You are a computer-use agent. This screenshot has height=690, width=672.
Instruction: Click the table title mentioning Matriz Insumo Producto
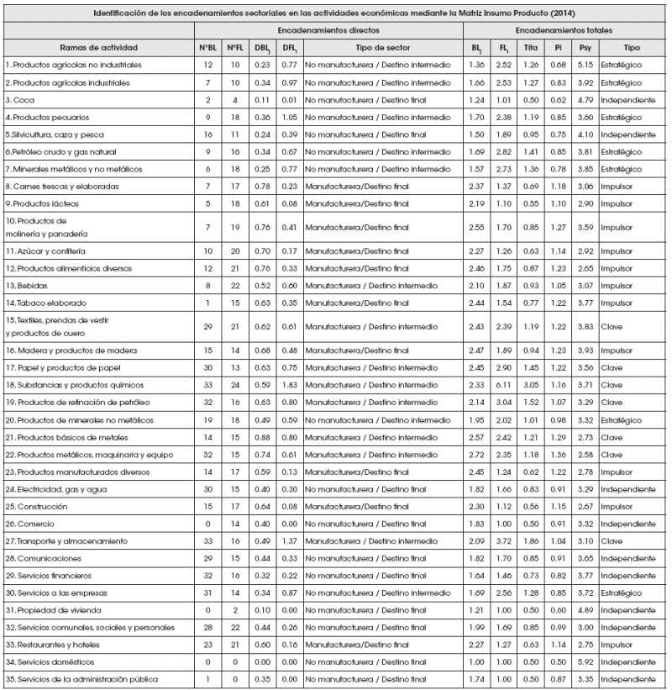336,13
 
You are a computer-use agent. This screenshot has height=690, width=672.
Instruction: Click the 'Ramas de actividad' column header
99,47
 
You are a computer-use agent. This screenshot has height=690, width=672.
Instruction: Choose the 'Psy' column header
585,47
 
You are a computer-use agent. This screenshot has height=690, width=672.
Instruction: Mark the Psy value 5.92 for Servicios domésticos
585,661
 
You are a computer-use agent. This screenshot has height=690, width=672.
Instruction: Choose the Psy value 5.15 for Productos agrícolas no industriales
585,65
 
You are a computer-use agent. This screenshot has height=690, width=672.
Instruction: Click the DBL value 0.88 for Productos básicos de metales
262,437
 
